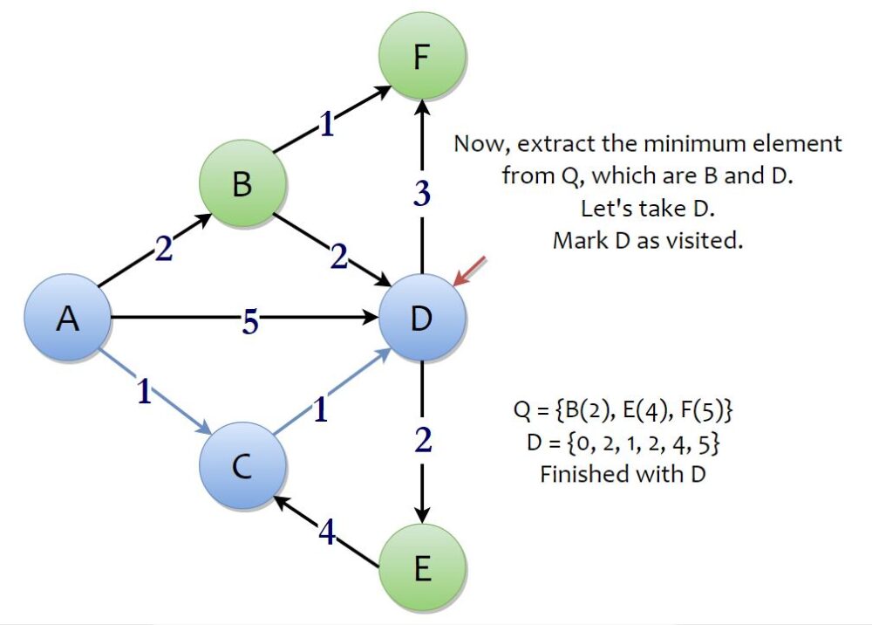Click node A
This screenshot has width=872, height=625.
coord(67,319)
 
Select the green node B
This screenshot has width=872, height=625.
coord(242,185)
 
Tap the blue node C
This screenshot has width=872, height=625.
coord(242,467)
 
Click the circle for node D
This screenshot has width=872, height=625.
coord(422,319)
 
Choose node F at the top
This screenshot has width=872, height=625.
coord(422,61)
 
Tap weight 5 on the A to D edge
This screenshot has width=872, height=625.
coord(250,321)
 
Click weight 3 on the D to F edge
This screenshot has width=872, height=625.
coord(422,194)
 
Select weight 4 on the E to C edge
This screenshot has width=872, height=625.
coord(326,532)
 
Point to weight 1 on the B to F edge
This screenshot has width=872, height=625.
coord(326,127)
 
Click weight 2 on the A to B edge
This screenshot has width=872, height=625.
coord(163,250)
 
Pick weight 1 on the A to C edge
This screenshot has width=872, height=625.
coord(145,394)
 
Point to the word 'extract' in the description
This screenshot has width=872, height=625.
coord(544,144)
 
